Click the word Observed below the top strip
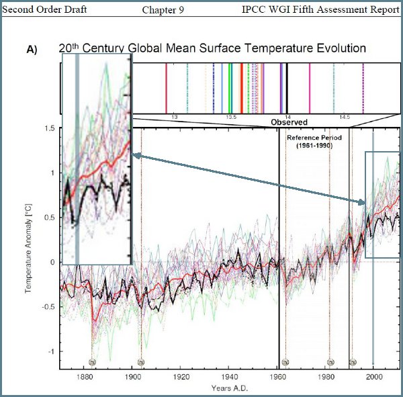(x=289, y=122)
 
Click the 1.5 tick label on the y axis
(x=48, y=128)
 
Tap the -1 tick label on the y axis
(x=50, y=351)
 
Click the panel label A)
(x=32, y=50)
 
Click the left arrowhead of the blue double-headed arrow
(x=135, y=156)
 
